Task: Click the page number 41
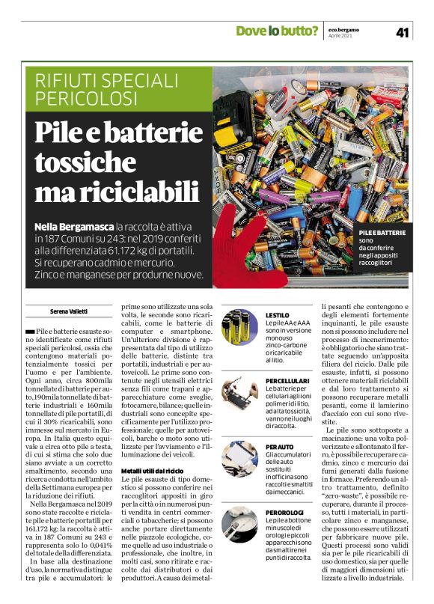pyautogui.click(x=403, y=31)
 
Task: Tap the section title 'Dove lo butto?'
pyautogui.click(x=277, y=31)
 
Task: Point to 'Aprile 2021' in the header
pyautogui.click(x=343, y=35)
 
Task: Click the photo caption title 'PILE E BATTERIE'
pyautogui.click(x=382, y=233)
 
